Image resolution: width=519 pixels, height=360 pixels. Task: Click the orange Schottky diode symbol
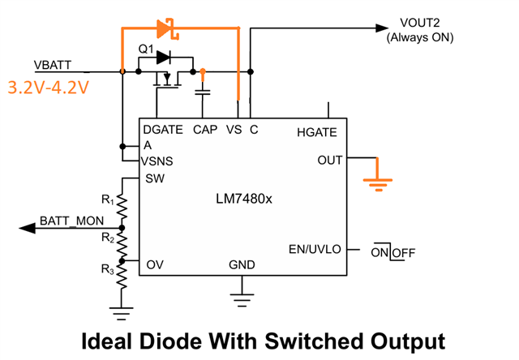(x=165, y=30)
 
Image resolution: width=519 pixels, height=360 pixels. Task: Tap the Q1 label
(x=146, y=49)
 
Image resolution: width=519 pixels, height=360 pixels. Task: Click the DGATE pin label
(x=162, y=130)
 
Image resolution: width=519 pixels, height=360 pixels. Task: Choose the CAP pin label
(x=205, y=130)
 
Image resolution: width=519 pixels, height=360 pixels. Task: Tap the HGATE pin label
(x=316, y=131)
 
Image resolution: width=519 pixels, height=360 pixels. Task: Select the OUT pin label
(x=330, y=160)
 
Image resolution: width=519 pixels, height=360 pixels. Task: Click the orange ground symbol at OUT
(x=375, y=181)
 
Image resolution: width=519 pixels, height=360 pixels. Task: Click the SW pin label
(x=154, y=178)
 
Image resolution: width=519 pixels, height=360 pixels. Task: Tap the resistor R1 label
(x=106, y=199)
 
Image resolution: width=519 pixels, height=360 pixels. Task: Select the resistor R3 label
(x=106, y=268)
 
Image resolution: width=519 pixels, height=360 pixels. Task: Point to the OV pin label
(x=156, y=264)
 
